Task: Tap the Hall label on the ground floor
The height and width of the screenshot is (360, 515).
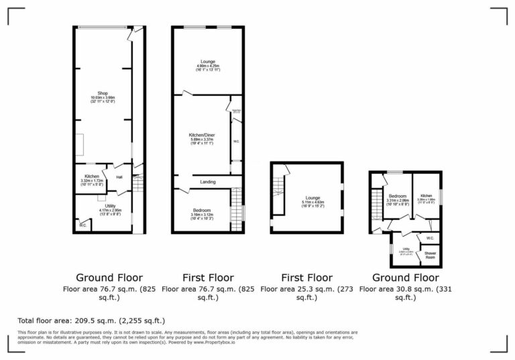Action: click(x=119, y=177)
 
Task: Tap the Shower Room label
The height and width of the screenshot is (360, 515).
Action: click(x=430, y=255)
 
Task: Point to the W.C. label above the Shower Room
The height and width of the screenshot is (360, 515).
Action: click(x=430, y=238)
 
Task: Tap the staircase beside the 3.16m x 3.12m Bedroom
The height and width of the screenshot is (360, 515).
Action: click(x=235, y=209)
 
